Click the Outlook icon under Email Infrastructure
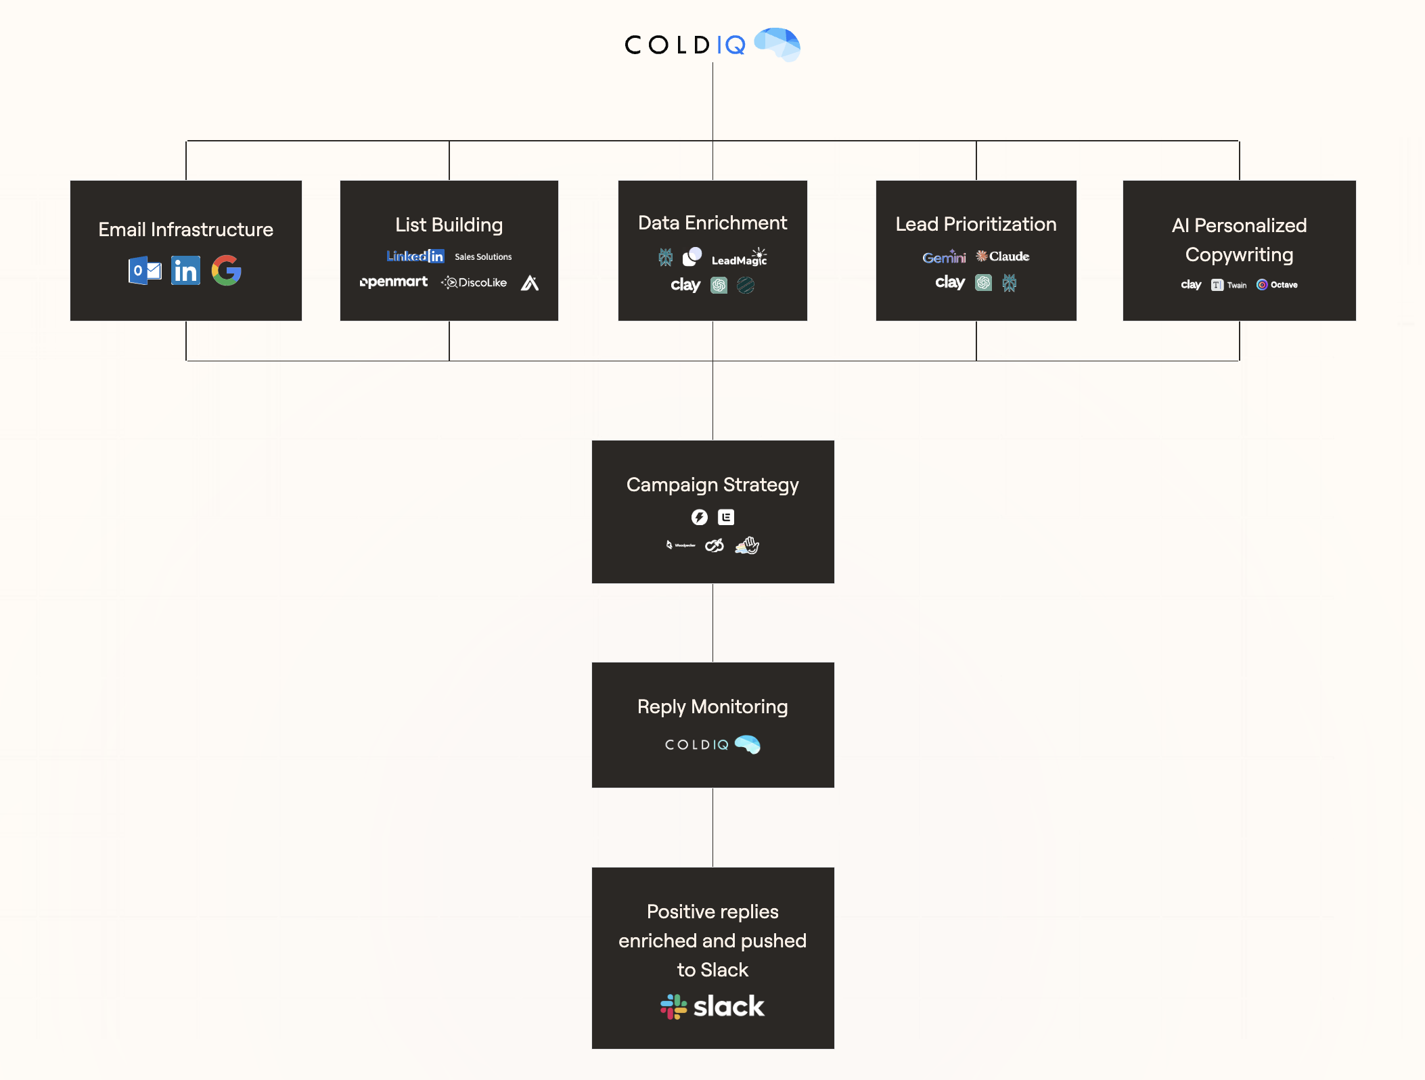pos(145,271)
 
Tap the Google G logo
pos(226,271)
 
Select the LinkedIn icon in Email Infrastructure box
pos(185,271)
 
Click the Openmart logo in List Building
pos(394,282)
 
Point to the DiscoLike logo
pos(474,282)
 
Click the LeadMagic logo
pos(739,258)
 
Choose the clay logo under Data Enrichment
pos(685,285)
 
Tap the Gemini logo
pos(944,257)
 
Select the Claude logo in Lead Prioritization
pos(1003,256)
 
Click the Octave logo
pos(1277,285)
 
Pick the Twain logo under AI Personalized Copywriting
pos(1229,285)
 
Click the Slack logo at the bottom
pos(712,1006)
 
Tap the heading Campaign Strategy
pos(712,485)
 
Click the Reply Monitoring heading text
pos(712,706)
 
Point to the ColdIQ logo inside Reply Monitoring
pos(712,744)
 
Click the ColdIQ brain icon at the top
pos(777,44)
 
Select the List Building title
pos(449,225)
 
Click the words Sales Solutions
pos(483,256)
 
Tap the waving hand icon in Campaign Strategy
pos(748,545)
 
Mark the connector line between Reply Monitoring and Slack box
pos(712,827)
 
